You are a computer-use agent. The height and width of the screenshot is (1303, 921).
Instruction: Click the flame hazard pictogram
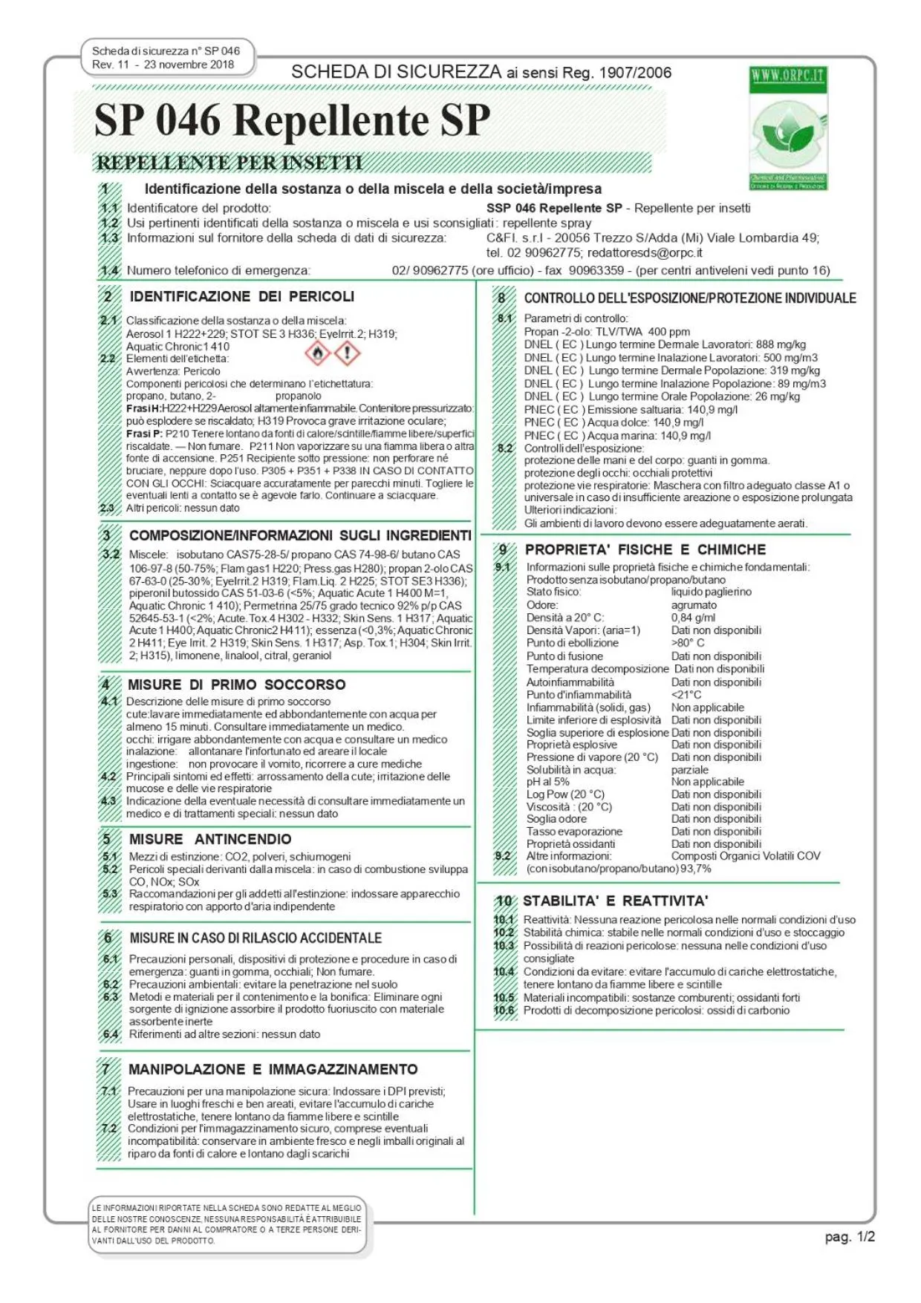pyautogui.click(x=318, y=353)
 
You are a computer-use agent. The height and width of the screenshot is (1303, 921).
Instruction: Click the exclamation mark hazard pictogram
pyautogui.click(x=347, y=353)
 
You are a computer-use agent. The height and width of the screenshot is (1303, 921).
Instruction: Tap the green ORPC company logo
pyautogui.click(x=787, y=128)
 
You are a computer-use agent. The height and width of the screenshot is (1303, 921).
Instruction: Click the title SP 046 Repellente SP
pyautogui.click(x=292, y=120)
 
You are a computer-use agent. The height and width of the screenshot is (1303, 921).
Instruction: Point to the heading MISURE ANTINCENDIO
pyautogui.click(x=210, y=839)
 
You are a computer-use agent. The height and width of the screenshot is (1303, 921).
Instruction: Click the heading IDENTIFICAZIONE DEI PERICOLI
pyautogui.click(x=242, y=296)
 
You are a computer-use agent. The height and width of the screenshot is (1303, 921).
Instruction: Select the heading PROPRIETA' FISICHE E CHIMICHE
pyautogui.click(x=645, y=549)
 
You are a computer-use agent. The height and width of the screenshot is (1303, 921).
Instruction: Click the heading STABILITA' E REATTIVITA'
pyautogui.click(x=615, y=901)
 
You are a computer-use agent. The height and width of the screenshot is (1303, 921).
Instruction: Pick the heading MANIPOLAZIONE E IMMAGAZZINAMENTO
pyautogui.click(x=273, y=1069)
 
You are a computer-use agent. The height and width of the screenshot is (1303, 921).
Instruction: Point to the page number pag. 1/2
pyautogui.click(x=850, y=1236)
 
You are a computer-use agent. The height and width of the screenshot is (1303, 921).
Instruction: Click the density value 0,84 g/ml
pyautogui.click(x=693, y=618)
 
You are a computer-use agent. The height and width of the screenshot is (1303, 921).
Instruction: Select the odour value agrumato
pyautogui.click(x=694, y=605)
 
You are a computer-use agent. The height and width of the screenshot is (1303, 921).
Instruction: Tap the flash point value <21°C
pyautogui.click(x=686, y=695)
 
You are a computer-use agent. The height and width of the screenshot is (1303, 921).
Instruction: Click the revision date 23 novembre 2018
pyautogui.click(x=189, y=65)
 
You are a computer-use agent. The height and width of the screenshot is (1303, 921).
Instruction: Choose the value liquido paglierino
pyautogui.click(x=711, y=592)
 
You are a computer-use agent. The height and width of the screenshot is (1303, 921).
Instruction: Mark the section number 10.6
pyautogui.click(x=504, y=1010)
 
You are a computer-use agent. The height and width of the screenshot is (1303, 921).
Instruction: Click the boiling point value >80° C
pyautogui.click(x=687, y=643)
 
